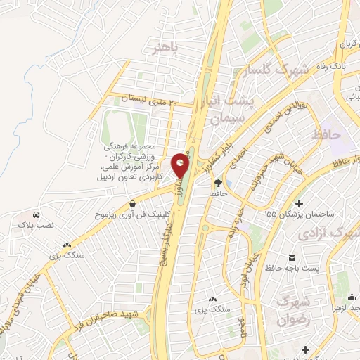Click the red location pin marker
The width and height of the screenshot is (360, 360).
pyautogui.click(x=181, y=166)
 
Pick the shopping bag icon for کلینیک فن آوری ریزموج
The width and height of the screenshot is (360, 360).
pyautogui.click(x=132, y=204)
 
